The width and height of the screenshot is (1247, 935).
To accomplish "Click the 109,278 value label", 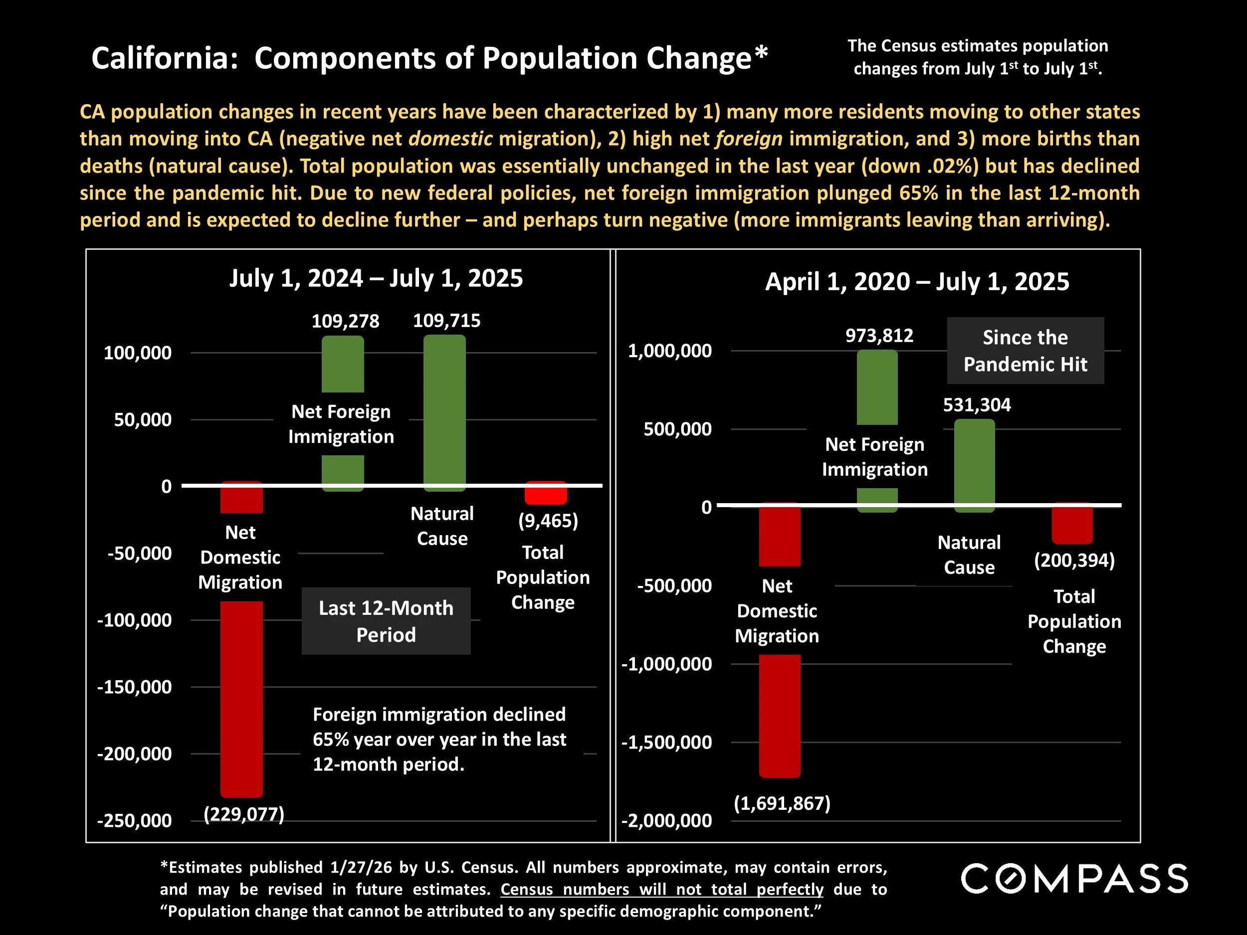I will point(345,321).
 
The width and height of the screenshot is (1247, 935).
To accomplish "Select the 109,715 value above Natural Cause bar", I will point(446,321).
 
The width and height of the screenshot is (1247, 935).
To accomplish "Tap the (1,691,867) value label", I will point(782,803).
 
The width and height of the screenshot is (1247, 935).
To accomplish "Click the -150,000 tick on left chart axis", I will point(134,687).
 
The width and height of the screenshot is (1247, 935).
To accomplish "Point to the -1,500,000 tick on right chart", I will point(666,742).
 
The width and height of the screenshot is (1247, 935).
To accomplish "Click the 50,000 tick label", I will point(143,420).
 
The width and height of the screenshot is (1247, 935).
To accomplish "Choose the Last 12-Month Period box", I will point(386,621).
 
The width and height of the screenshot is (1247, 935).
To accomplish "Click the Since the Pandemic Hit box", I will point(1025,351).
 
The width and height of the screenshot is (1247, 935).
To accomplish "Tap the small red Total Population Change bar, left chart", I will point(545,493).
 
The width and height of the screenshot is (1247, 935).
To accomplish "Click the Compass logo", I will point(1074,879).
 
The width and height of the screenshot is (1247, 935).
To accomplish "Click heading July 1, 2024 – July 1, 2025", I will point(376,278).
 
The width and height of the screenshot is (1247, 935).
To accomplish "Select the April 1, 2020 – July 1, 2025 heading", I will point(917,281).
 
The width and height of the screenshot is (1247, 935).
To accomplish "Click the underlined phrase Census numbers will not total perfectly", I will point(661,889).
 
